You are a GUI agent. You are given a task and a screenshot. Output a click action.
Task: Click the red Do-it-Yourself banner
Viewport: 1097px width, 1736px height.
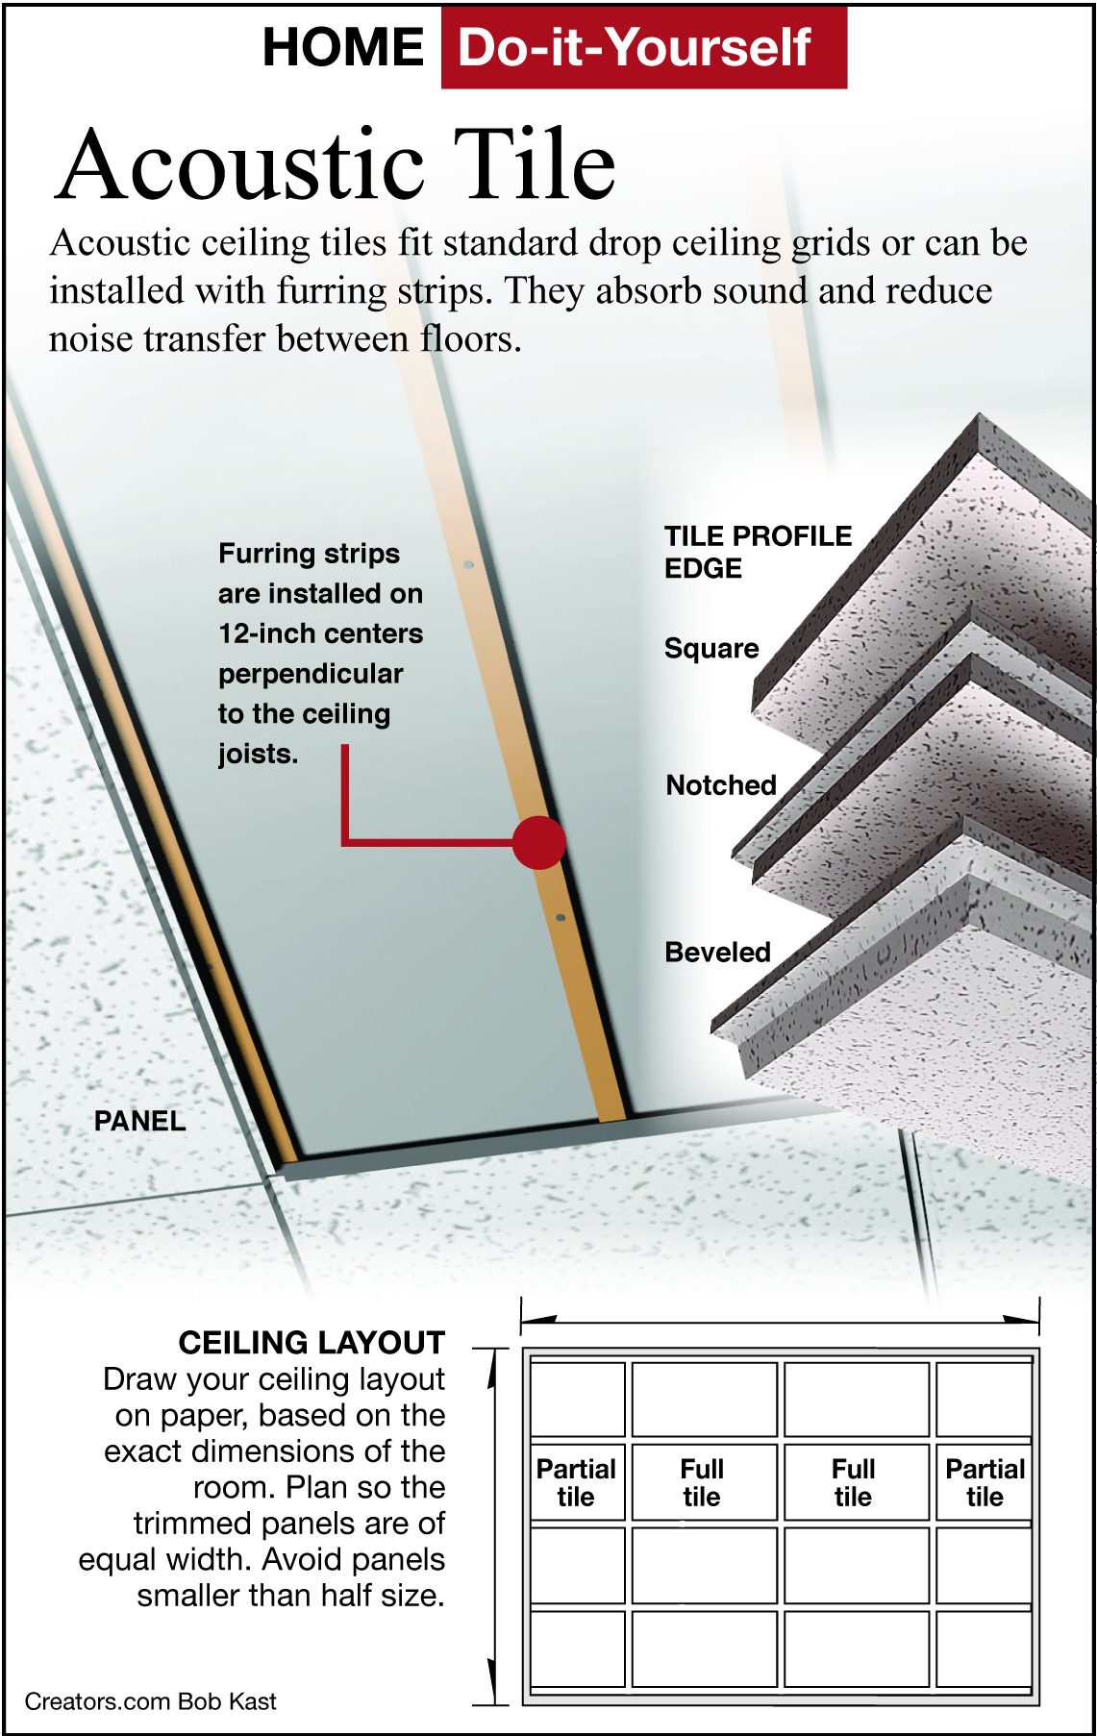[x=643, y=47]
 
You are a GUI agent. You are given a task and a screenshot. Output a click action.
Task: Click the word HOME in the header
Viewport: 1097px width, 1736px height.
[x=342, y=47]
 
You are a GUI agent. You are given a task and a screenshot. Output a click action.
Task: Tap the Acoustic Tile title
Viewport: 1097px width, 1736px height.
[x=336, y=165]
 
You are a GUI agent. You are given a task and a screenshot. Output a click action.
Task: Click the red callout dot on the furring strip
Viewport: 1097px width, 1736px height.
[x=538, y=842]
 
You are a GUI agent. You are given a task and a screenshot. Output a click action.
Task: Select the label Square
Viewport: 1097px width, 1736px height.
[x=711, y=649]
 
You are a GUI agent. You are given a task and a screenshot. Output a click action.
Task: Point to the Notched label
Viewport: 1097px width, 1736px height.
[x=721, y=785]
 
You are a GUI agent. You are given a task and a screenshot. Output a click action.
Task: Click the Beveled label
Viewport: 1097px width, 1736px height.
[x=717, y=952]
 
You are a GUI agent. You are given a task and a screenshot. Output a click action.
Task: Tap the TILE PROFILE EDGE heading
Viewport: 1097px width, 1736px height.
[x=758, y=552]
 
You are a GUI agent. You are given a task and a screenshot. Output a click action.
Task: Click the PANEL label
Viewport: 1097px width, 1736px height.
[x=139, y=1121]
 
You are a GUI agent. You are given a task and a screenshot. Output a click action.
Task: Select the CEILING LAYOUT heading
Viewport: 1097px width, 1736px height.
[x=312, y=1342]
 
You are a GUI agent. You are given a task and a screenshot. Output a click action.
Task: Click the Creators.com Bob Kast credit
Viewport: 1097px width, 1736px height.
[x=150, y=1701]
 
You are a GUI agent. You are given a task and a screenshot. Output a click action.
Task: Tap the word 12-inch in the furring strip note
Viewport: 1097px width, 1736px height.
[x=265, y=633]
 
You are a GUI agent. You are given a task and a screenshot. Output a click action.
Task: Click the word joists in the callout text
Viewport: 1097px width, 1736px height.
[x=258, y=754]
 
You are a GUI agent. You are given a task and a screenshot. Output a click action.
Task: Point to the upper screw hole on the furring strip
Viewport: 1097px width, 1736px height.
[x=469, y=565]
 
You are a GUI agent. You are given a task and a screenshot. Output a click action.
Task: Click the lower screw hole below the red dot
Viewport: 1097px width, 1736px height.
[x=561, y=918]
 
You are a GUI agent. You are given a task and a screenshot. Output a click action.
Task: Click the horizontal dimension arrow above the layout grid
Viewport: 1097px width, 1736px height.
[x=780, y=1319]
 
